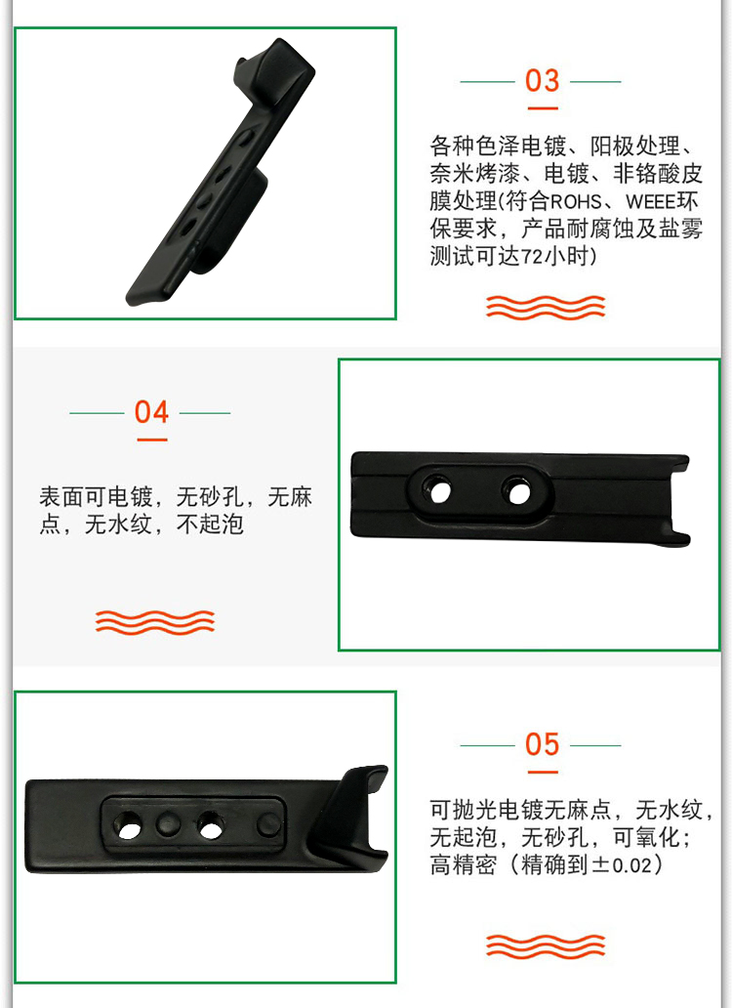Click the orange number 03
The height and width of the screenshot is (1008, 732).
click(x=542, y=81)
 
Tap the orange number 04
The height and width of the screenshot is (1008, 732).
click(x=151, y=412)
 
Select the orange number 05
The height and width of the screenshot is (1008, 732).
click(x=542, y=744)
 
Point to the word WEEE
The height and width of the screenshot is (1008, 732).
click(x=650, y=202)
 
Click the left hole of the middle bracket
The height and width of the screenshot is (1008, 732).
click(x=439, y=491)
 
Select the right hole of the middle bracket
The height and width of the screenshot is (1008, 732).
click(x=519, y=493)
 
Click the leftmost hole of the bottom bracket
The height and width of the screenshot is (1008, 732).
click(x=129, y=826)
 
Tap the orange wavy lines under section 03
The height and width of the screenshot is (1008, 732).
click(x=546, y=308)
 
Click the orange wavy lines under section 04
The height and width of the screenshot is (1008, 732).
click(x=155, y=622)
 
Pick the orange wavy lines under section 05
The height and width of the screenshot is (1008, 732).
click(x=546, y=945)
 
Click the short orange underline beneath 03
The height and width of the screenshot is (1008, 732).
click(x=543, y=108)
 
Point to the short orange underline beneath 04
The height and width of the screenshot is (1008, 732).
click(x=152, y=440)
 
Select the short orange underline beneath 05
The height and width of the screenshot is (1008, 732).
click(x=543, y=772)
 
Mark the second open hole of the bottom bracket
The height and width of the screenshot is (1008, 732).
click(x=210, y=826)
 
